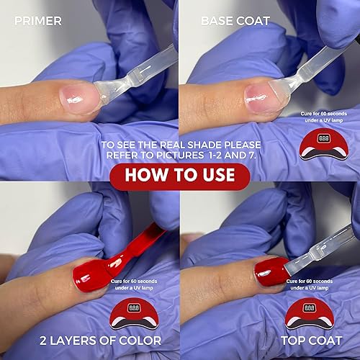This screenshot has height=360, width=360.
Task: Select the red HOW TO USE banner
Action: pyautogui.click(x=179, y=175)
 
